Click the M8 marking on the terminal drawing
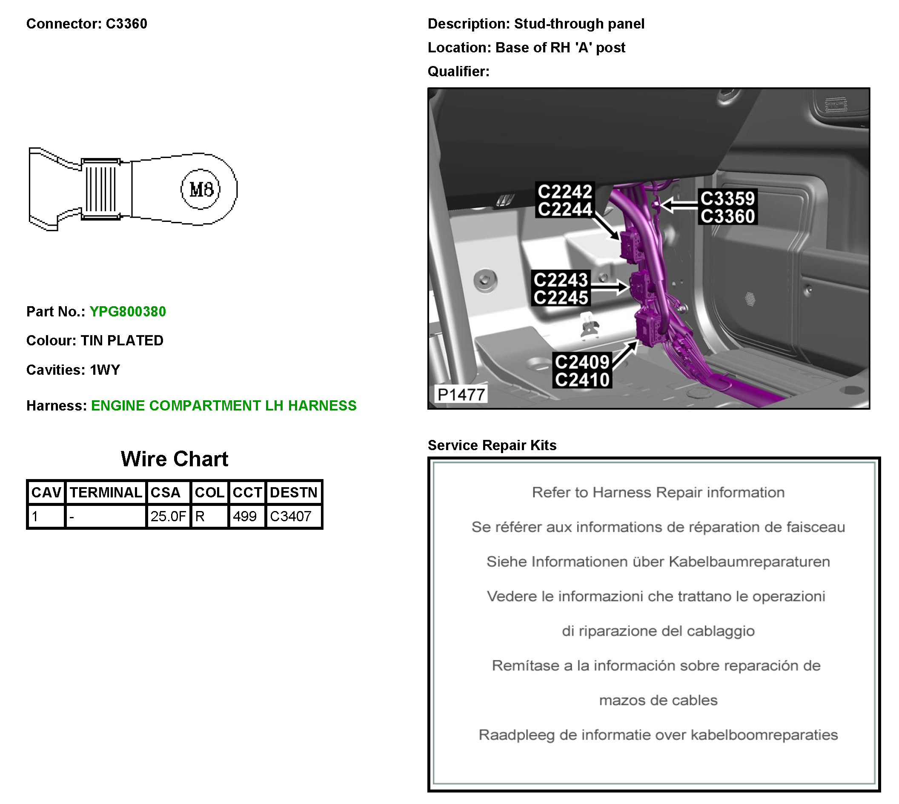point(201,190)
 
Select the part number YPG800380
point(128,311)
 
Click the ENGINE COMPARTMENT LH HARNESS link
point(223,405)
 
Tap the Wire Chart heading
point(175,459)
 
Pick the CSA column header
point(166,492)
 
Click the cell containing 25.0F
point(168,516)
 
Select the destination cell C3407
point(291,516)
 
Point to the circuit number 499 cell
point(245,516)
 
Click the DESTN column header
point(294,492)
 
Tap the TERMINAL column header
point(106,492)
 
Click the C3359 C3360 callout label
point(727,207)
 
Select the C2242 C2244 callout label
point(565,200)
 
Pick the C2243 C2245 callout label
point(561,288)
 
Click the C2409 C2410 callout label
point(582,370)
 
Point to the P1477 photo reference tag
point(461,394)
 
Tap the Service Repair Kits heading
point(492,445)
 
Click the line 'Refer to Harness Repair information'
point(658,492)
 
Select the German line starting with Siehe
point(658,561)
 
